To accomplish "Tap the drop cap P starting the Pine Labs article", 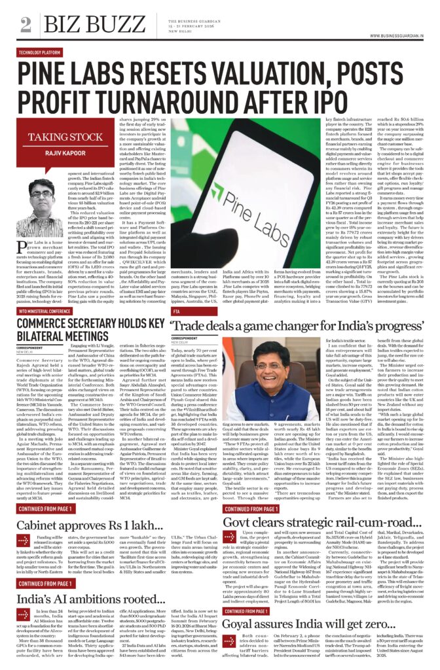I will click(x=23, y=243).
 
